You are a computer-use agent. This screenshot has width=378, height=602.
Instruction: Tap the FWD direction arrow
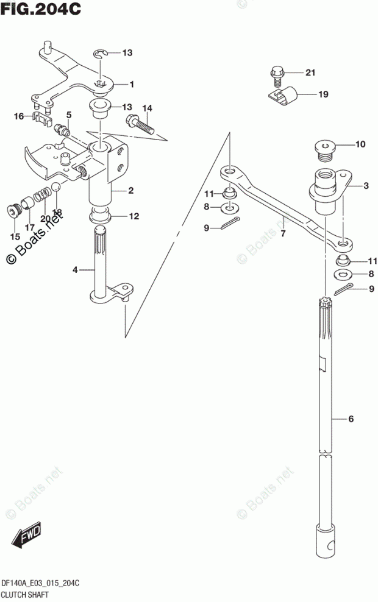click(x=26, y=536)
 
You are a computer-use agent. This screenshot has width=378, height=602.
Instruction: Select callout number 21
click(x=310, y=73)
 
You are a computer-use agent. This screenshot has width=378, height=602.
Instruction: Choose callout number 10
click(x=360, y=144)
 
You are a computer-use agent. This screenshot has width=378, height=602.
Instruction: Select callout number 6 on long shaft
click(x=351, y=419)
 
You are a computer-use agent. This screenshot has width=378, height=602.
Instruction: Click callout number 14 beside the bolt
click(x=147, y=108)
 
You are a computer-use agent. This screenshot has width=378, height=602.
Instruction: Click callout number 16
click(x=19, y=116)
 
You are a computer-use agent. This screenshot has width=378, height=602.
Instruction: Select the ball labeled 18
click(x=55, y=187)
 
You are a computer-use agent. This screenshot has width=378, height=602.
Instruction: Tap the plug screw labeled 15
click(x=13, y=211)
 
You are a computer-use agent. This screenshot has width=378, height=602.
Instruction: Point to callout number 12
click(x=134, y=216)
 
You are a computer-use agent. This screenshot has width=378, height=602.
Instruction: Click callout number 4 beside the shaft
click(x=75, y=269)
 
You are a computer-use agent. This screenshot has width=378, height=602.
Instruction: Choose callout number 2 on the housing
click(x=130, y=191)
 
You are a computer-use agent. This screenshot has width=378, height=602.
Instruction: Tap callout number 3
click(x=366, y=185)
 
